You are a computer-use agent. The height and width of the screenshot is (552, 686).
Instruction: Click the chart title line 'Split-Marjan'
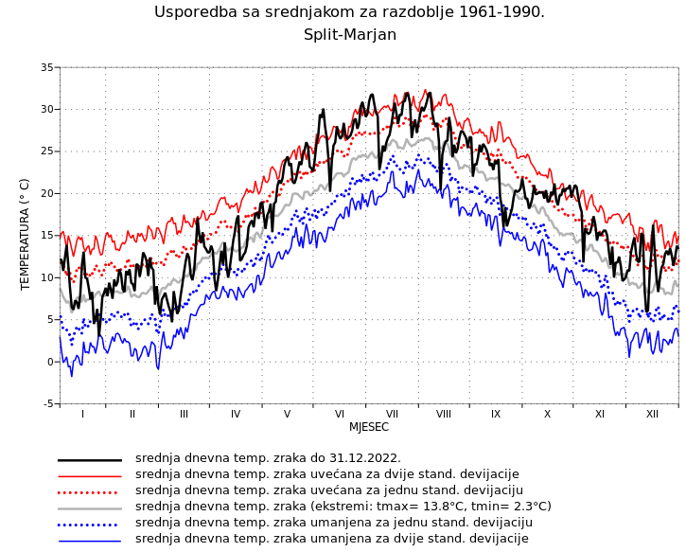pyautogui.click(x=349, y=35)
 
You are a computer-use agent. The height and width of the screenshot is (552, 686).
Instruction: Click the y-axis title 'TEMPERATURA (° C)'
pyautogui.click(x=26, y=234)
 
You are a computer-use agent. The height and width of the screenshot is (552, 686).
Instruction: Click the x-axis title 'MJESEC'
pyautogui.click(x=369, y=427)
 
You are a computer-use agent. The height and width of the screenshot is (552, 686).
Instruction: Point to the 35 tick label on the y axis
pyautogui.click(x=46, y=67)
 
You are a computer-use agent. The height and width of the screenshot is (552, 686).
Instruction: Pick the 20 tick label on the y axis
pyautogui.click(x=46, y=193)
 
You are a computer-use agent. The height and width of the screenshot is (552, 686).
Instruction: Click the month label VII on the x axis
pyautogui.click(x=392, y=414)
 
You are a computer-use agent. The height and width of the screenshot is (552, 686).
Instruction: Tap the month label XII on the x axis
pyautogui.click(x=652, y=414)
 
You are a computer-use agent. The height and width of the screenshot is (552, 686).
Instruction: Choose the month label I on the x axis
pyautogui.click(x=82, y=414)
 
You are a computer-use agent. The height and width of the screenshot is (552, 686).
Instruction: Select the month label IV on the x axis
pyautogui.click(x=236, y=414)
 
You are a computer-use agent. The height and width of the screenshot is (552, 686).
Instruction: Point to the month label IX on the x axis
pyautogui.click(x=496, y=414)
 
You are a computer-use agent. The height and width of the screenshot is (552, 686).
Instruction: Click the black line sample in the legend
pyautogui.click(x=90, y=459)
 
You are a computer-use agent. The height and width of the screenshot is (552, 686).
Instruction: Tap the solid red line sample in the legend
pyautogui.click(x=90, y=475)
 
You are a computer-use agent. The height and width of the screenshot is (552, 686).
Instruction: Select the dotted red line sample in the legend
pyautogui.click(x=90, y=491)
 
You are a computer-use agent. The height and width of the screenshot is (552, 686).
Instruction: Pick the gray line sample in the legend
pyautogui.click(x=90, y=507)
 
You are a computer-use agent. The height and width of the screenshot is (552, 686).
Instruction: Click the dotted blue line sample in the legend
pyautogui.click(x=90, y=524)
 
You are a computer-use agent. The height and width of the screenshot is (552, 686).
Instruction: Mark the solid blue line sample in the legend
pyautogui.click(x=90, y=540)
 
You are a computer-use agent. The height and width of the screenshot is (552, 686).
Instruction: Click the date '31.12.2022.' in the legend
pyautogui.click(x=362, y=458)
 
